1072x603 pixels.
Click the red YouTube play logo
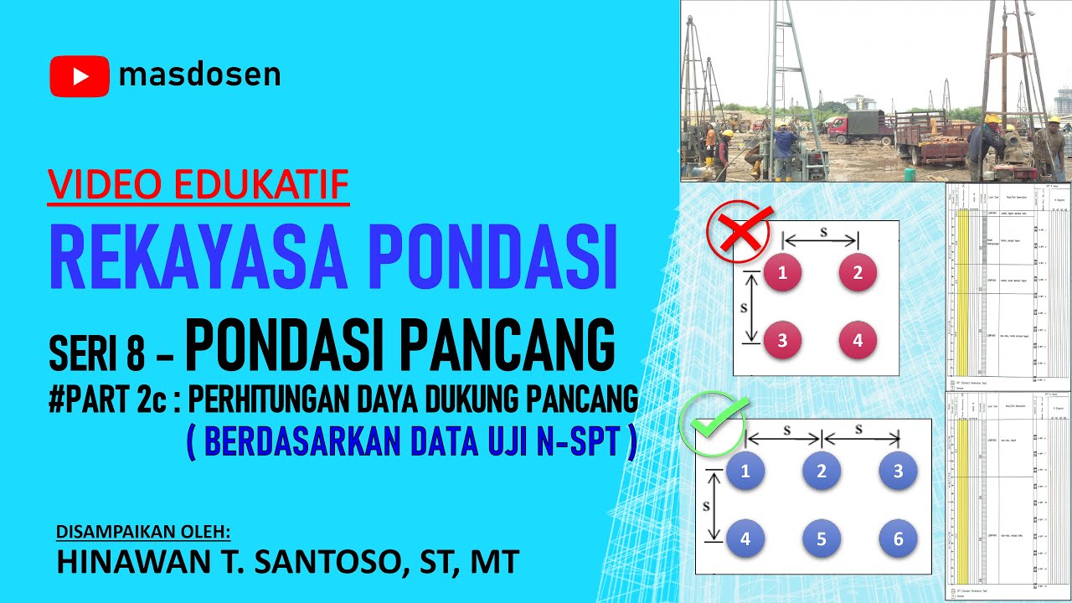pyautogui.click(x=80, y=76)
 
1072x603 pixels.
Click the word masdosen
pyautogui.click(x=199, y=76)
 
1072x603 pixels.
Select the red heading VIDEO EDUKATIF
pyautogui.click(x=198, y=185)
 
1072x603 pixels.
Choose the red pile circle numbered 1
pyautogui.click(x=782, y=273)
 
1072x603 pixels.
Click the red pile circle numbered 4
pyautogui.click(x=858, y=341)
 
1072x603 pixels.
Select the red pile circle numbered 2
pyautogui.click(x=858, y=273)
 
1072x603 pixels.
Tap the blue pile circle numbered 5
pyautogui.click(x=822, y=539)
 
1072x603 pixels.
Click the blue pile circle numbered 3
pyautogui.click(x=898, y=472)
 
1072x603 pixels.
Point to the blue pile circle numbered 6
pyautogui.click(x=898, y=539)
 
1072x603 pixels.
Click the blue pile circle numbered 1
pyautogui.click(x=745, y=472)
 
